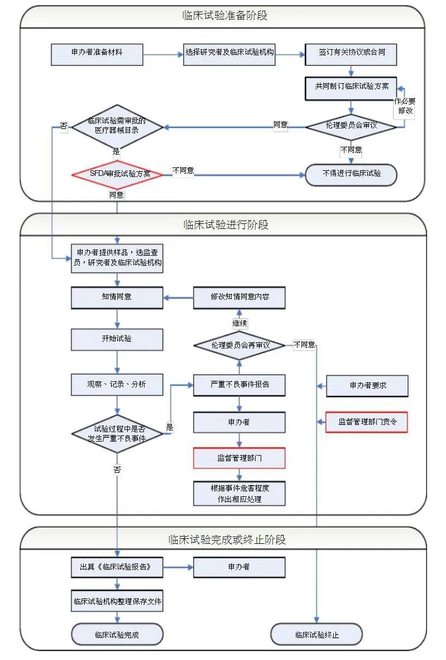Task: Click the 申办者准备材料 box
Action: pos(97,54)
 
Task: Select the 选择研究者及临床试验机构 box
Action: pos(229,54)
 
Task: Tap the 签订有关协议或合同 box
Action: pos(351,54)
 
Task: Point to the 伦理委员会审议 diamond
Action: pos(351,126)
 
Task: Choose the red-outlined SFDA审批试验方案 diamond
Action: pos(117,174)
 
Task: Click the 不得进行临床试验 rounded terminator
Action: pos(351,174)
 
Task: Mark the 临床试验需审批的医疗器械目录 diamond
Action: pos(117,126)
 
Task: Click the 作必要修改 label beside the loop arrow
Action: pos(406,106)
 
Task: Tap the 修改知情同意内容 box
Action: pos(239,297)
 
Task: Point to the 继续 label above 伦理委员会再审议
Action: pos(239,323)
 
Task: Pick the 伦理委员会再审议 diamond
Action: pos(239,345)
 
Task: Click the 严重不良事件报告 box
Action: pos(239,385)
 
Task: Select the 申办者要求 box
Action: pos(367,386)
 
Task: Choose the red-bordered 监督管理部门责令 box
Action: pos(366,422)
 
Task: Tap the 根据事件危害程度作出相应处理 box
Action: pos(239,494)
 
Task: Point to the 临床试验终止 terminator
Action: pos(316,635)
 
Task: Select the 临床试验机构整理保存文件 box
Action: pos(117,601)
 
